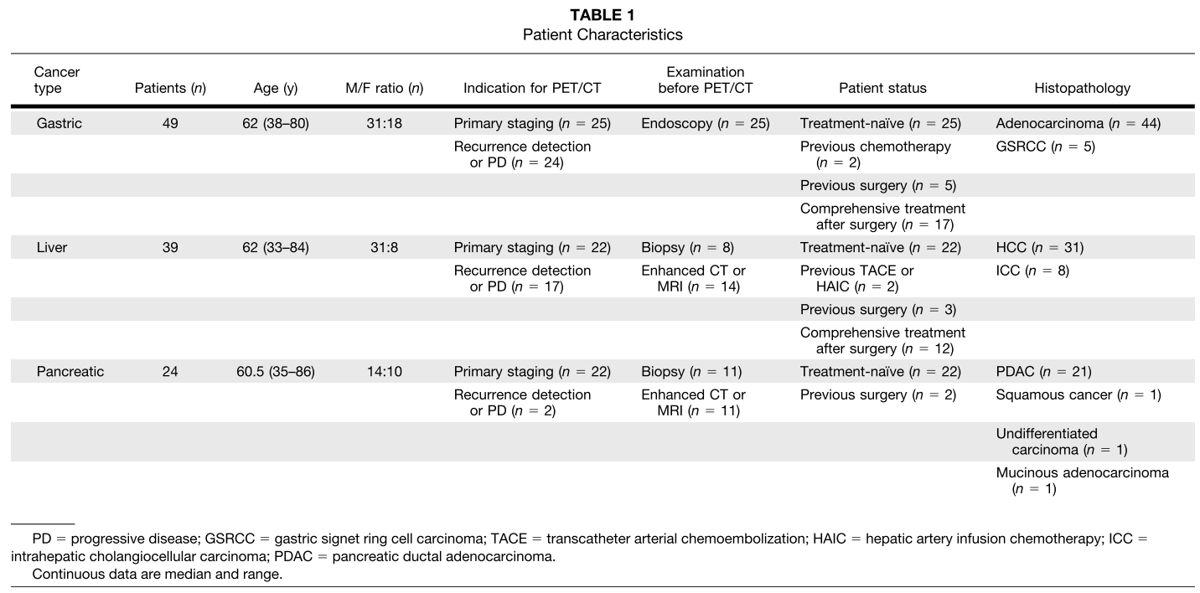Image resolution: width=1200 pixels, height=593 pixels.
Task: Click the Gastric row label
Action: [58, 124]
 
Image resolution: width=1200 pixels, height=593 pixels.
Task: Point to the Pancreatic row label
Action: [70, 372]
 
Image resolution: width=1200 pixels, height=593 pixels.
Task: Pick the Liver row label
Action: [52, 248]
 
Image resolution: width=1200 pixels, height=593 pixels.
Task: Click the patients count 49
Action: [170, 124]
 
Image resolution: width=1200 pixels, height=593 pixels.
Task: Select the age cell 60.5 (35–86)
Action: [276, 372]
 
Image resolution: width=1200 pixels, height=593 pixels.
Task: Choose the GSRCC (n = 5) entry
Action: [1045, 147]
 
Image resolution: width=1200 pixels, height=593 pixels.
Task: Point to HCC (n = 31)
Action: [1039, 248]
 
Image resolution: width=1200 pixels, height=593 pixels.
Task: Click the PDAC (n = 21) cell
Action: [1043, 372]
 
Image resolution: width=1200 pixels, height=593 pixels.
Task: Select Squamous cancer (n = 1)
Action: [1078, 394]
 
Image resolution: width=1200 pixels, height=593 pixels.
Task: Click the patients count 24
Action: [170, 372]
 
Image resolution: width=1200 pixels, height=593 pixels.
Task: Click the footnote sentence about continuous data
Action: [157, 575]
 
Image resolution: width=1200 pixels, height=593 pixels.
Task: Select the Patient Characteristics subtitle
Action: [603, 35]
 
